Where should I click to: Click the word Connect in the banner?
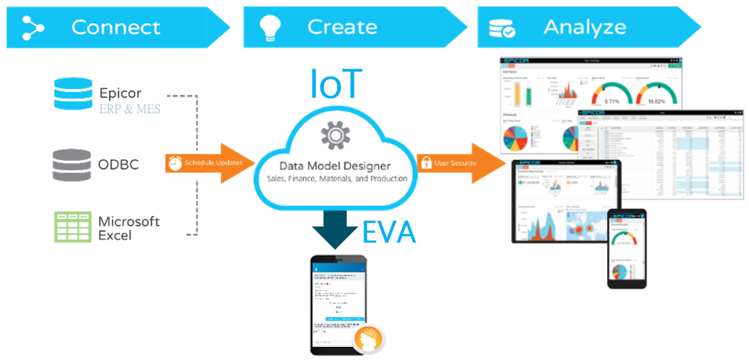point(115,27)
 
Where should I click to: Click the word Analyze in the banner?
point(584,27)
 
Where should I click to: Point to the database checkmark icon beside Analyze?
point(502,27)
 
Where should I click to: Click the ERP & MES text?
point(130,110)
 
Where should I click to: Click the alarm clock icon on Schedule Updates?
point(174,163)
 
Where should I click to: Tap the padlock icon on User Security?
point(427,163)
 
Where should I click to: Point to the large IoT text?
point(335,85)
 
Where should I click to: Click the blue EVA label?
point(388,232)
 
